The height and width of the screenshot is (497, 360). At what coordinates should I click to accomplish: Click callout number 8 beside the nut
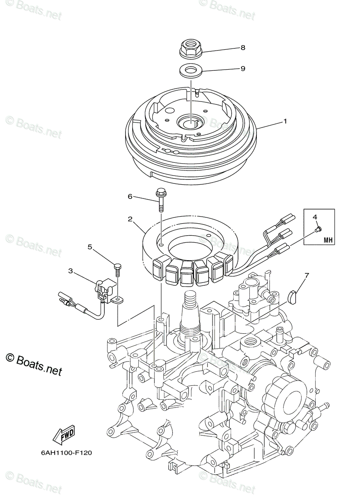coord(243,48)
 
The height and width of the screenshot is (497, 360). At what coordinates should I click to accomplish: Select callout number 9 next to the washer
coord(243,68)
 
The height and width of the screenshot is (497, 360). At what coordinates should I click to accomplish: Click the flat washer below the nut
coord(191,71)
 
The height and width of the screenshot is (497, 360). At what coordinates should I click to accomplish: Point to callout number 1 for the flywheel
coord(285,121)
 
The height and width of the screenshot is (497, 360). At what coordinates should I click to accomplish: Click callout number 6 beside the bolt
coord(130,196)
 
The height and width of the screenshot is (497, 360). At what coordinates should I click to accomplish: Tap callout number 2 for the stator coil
coord(130,218)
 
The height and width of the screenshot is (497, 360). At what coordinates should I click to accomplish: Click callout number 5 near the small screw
coord(89,247)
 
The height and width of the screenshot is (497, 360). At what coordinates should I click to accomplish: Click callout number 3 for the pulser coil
coord(70,271)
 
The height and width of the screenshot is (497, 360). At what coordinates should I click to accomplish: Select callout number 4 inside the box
coord(314,217)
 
